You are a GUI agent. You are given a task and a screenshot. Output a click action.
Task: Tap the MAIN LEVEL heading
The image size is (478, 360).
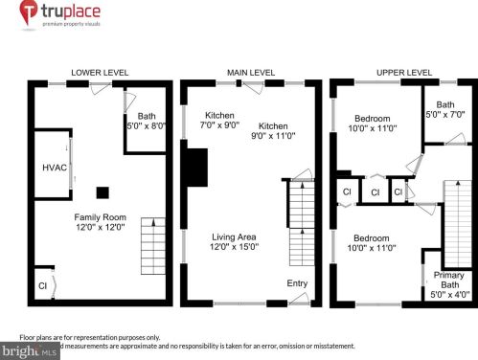pos(250,72)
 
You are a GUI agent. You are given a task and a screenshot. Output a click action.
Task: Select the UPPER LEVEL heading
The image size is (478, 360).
pos(402,72)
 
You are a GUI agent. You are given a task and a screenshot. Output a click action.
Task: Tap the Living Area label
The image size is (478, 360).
pos(236,241)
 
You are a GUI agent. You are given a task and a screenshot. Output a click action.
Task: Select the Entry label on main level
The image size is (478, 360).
pos(298,282)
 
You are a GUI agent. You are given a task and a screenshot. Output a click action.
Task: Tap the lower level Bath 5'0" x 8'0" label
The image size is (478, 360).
pos(147,121)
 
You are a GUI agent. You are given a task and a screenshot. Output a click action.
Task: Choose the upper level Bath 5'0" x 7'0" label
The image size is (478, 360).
pos(446,109)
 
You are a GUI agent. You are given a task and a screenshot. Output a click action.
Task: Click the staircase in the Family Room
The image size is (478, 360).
pos(153,245)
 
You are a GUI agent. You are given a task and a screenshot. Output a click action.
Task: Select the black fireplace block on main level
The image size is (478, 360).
pos(196,169)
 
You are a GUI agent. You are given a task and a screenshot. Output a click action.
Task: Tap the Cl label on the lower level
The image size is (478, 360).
pos(42,285)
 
